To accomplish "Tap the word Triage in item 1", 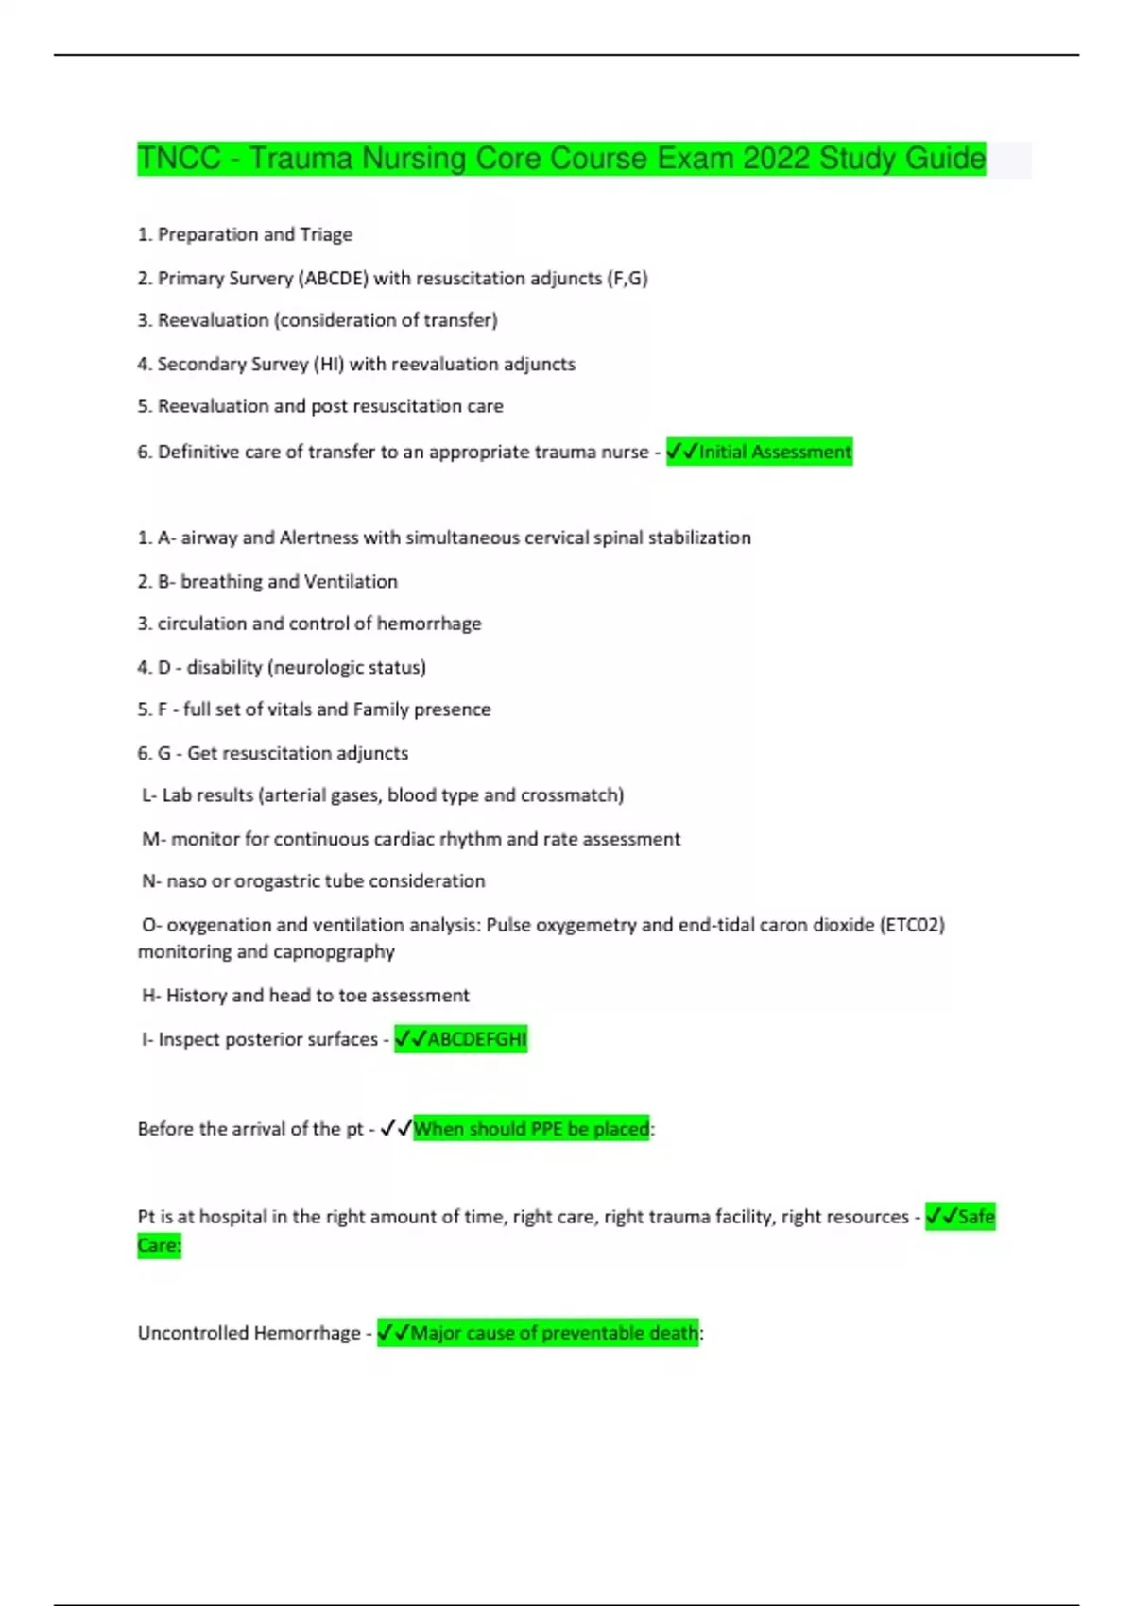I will (x=326, y=234).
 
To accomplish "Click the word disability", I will (x=224, y=667).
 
